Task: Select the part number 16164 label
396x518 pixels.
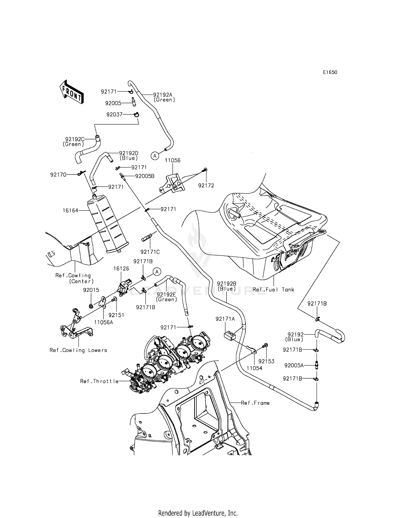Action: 70,211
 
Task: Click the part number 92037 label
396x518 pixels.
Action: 114,115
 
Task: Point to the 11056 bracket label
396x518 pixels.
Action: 173,161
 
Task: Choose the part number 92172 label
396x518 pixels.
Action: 206,186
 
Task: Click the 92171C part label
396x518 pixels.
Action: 150,252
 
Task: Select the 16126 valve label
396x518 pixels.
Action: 121,269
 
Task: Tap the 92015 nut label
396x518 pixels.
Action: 91,290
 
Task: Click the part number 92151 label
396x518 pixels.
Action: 116,315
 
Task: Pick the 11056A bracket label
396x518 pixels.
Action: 104,322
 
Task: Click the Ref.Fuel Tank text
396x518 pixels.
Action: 273,290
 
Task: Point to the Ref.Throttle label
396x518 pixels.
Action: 99,381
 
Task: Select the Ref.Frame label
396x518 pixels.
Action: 255,403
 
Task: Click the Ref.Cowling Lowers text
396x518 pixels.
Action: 78,350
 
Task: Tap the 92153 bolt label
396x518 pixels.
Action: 266,361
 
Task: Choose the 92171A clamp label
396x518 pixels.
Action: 225,319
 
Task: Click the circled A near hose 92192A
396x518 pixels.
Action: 155,156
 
